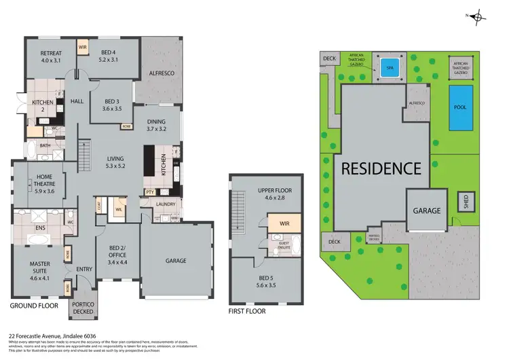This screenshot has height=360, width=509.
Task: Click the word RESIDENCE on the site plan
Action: (381, 168)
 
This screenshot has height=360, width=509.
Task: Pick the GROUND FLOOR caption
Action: (32, 306)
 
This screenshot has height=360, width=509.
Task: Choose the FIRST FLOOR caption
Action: (247, 312)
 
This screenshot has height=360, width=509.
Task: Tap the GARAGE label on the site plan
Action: (427, 211)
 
